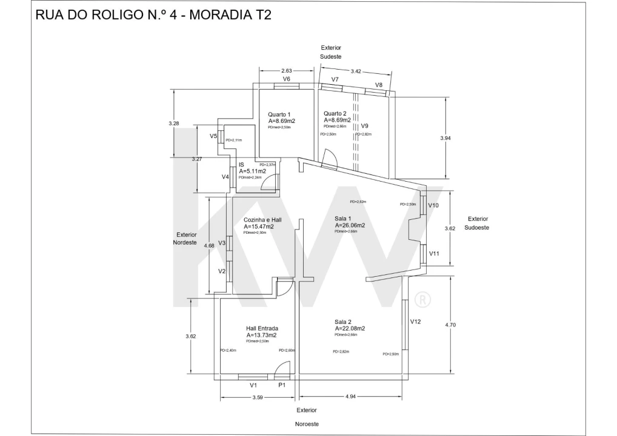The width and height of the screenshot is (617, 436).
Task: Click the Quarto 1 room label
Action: pyautogui.click(x=279, y=114)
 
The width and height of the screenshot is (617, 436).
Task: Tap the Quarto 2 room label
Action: pyautogui.click(x=335, y=113)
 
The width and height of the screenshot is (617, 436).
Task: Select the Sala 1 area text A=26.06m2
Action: pyautogui.click(x=350, y=225)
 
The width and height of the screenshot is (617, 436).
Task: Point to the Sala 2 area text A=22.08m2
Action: pyautogui.click(x=349, y=328)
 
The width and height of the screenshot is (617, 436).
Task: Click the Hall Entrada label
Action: pyautogui.click(x=262, y=328)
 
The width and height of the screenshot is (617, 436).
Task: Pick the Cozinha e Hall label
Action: pyautogui.click(x=262, y=220)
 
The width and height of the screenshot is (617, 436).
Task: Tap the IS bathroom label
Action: pyautogui.click(x=241, y=165)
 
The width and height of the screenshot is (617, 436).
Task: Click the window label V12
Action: pyautogui.click(x=415, y=322)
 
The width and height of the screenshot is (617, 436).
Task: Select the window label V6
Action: pyautogui.click(x=287, y=79)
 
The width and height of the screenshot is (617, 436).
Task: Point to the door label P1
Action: pyautogui.click(x=282, y=385)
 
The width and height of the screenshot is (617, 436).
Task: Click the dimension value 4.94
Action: pyautogui.click(x=350, y=397)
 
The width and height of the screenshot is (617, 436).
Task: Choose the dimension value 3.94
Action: pyautogui.click(x=445, y=138)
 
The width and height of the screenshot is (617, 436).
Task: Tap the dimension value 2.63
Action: pyautogui.click(x=287, y=70)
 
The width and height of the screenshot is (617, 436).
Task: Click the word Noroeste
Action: pyautogui.click(x=307, y=424)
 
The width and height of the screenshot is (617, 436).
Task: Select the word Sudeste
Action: pyautogui.click(x=331, y=56)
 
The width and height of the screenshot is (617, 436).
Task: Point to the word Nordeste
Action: pyautogui.click(x=186, y=242)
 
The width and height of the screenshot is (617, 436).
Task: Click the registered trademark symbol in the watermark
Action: pyautogui.click(x=422, y=299)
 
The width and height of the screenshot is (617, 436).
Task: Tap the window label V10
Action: pyautogui.click(x=433, y=205)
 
